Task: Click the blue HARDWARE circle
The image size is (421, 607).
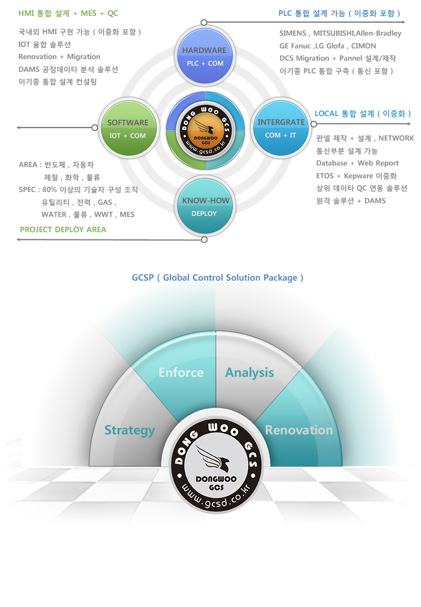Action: (x=204, y=56)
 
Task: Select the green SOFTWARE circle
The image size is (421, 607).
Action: (x=127, y=128)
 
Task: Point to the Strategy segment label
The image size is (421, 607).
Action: (x=129, y=430)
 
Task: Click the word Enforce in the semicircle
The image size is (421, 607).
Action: (x=181, y=372)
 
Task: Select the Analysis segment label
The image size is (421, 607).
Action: (x=249, y=372)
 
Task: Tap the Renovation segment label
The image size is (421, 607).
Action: (x=299, y=430)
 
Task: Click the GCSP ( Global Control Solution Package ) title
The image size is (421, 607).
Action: (x=217, y=278)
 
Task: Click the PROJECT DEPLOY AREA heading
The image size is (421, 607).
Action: (x=63, y=230)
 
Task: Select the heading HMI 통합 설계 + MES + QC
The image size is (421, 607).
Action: (x=68, y=13)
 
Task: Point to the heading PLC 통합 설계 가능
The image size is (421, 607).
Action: (x=339, y=13)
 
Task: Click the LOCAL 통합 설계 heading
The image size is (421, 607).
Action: (x=362, y=114)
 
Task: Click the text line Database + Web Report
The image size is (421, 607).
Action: (x=357, y=163)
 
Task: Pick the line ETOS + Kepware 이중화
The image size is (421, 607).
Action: (x=356, y=176)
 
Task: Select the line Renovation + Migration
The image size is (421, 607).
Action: (x=59, y=57)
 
